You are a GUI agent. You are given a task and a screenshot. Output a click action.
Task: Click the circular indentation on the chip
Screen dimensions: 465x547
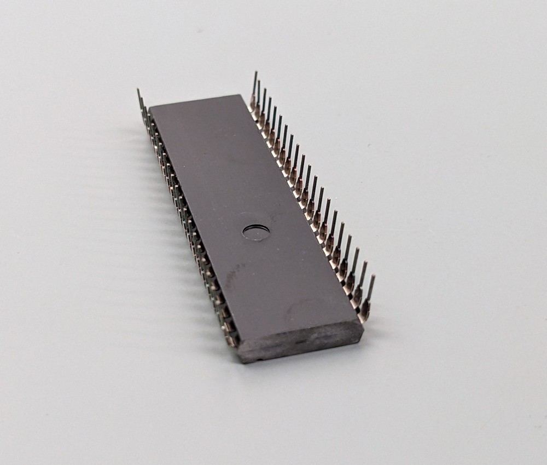[x=256, y=232]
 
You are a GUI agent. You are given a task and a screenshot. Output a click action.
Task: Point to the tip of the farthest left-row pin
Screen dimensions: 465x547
[x=138, y=90]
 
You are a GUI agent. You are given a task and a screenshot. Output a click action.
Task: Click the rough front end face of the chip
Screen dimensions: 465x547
[x=301, y=342]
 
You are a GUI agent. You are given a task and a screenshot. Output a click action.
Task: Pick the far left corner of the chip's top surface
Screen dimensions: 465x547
[x=149, y=106]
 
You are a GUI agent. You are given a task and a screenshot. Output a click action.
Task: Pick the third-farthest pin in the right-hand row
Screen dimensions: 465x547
[x=263, y=108]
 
